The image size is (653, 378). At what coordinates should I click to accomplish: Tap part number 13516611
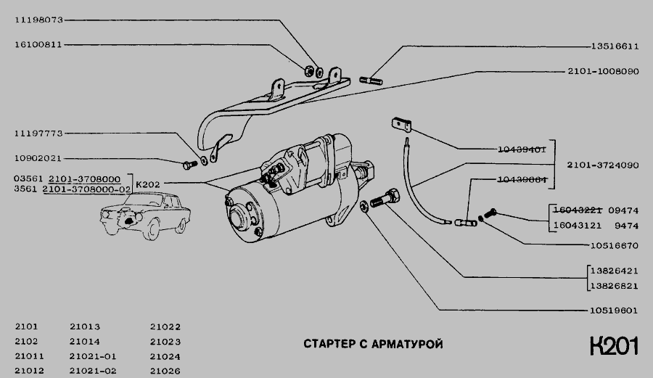[x=613, y=45]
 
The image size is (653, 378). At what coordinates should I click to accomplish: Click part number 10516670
[x=613, y=245]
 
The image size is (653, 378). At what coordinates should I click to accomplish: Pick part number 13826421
[x=613, y=268]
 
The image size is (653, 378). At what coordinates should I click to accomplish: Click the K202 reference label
[x=147, y=184]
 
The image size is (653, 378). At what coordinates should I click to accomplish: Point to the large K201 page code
[x=613, y=347]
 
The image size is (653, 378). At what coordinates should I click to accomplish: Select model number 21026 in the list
[x=165, y=371]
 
